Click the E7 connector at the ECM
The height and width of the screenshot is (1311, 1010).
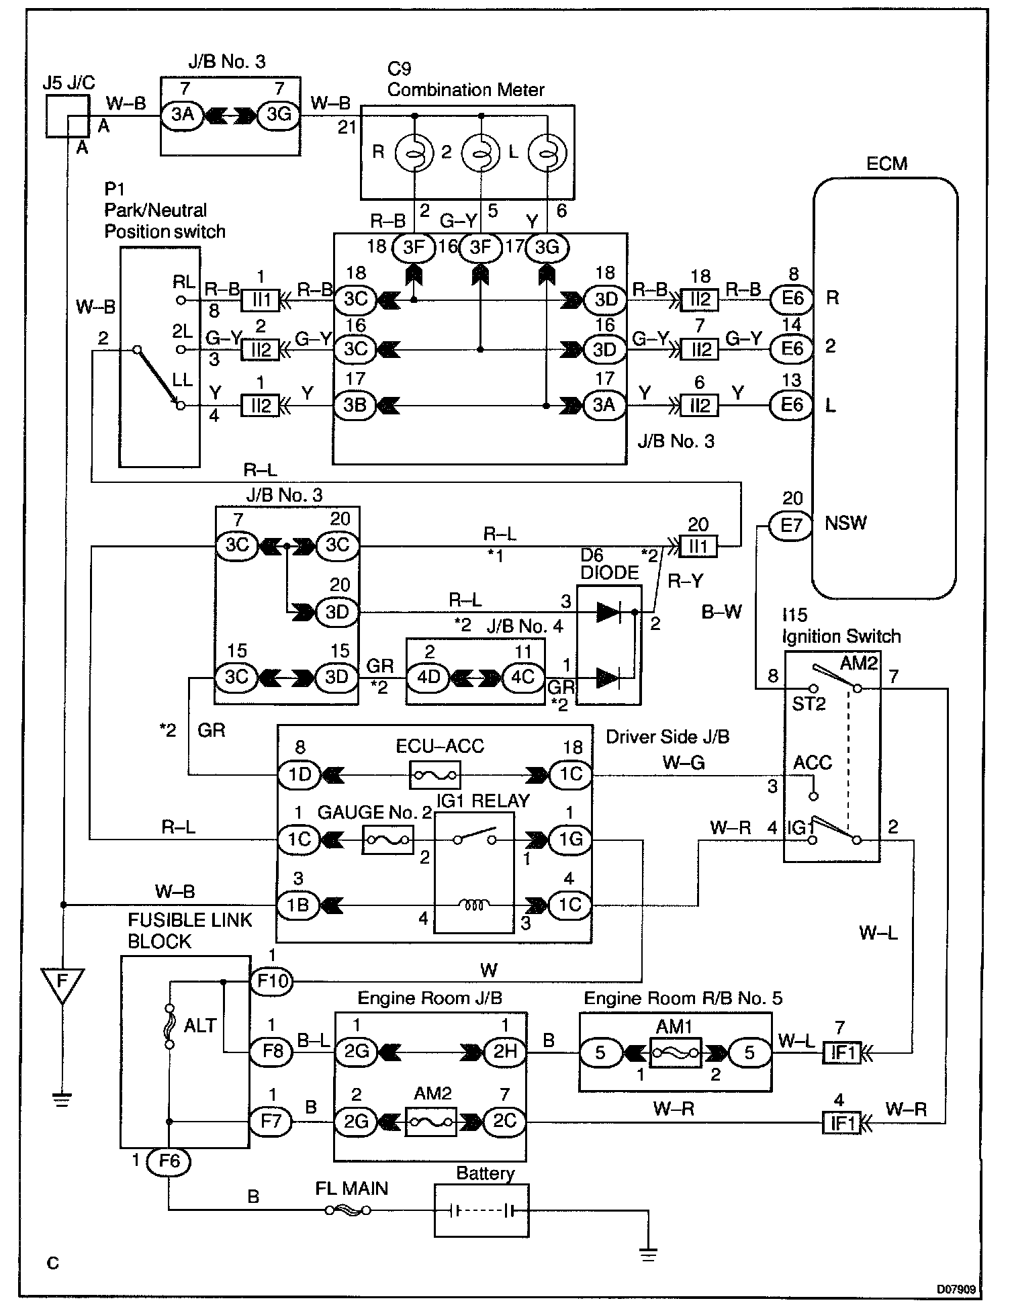click(x=792, y=525)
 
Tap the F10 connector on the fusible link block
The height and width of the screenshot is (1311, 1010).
click(x=272, y=982)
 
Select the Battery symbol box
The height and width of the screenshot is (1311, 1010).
click(x=481, y=1210)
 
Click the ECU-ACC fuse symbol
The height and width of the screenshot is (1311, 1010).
click(x=434, y=775)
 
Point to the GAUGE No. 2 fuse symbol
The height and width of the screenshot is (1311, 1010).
click(x=387, y=840)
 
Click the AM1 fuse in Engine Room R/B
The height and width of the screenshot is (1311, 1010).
click(x=676, y=1053)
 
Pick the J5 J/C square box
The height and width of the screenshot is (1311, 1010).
click(x=67, y=116)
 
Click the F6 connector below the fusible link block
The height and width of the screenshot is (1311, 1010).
click(x=169, y=1161)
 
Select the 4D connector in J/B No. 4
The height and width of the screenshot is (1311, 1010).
click(x=428, y=677)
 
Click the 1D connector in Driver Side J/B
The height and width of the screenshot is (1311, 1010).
click(x=300, y=775)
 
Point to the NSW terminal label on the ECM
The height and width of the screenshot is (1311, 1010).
click(x=845, y=523)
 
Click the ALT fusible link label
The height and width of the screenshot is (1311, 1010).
click(x=200, y=1026)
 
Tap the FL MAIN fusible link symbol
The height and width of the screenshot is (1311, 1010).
click(x=348, y=1210)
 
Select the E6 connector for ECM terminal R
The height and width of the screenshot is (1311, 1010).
click(x=792, y=298)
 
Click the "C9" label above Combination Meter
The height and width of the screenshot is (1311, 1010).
click(x=400, y=69)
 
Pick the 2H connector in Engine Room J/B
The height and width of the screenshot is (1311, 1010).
click(x=504, y=1052)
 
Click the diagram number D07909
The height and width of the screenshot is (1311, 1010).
click(x=957, y=1290)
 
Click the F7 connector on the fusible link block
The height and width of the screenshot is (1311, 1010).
click(x=272, y=1122)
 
